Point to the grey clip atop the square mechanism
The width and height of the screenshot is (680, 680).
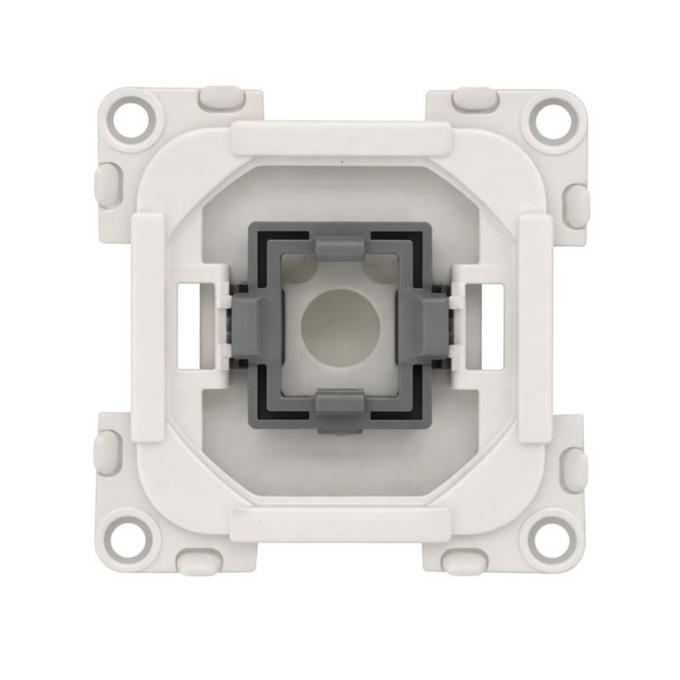click(340, 248)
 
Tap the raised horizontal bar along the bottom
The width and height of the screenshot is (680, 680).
click(340, 521)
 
